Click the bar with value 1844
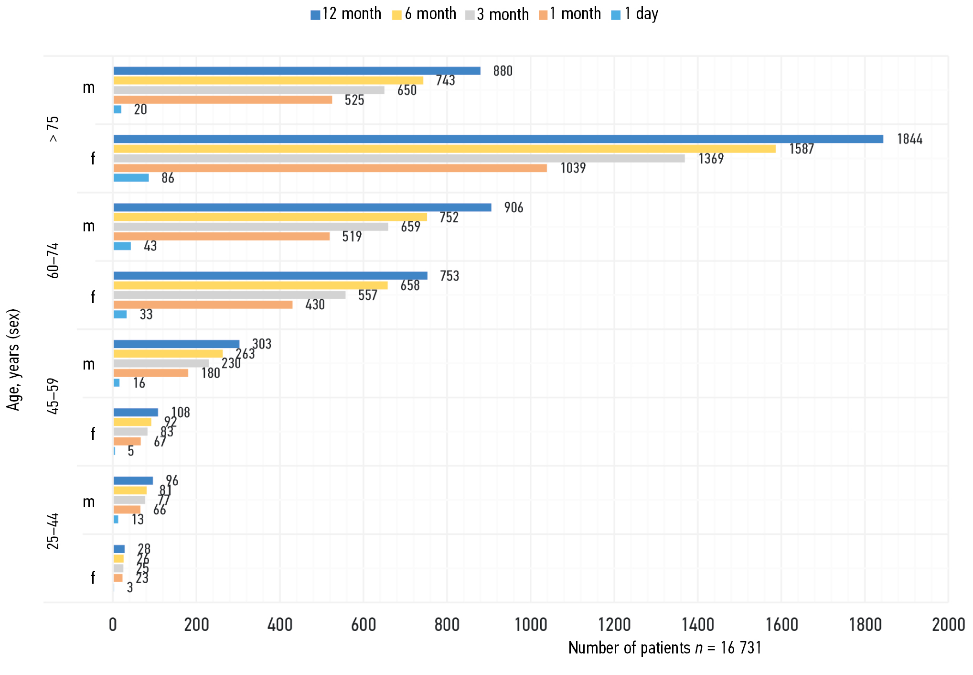498,139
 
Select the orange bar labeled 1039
330,168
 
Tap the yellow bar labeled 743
268,80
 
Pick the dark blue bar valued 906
302,207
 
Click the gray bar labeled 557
229,295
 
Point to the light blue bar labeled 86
131,178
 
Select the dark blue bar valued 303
176,344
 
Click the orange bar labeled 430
203,305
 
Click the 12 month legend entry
346,14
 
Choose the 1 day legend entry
635,14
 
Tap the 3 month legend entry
497,14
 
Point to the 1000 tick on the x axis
531,625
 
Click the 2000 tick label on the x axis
948,625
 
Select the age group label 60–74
53,261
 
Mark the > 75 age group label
53,129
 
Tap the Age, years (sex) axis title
13,359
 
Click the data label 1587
801,149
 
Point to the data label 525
354,100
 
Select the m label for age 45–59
89,364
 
